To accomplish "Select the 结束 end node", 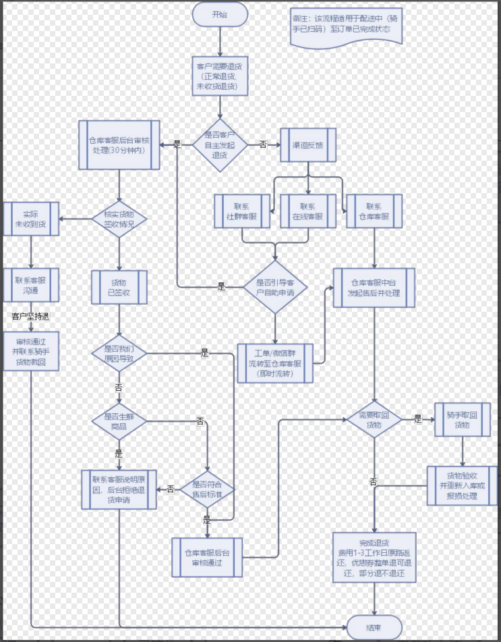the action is (374, 627).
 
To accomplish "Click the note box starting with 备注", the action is (347, 27).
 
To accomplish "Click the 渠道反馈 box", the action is (307, 144).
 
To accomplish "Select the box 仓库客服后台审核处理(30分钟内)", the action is (119, 144).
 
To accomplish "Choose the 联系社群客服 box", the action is (242, 211).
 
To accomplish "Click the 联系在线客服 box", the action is (307, 211).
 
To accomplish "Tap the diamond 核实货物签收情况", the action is (119, 219).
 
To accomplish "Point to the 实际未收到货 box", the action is (31, 219).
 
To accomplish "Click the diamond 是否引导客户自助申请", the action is (274, 287).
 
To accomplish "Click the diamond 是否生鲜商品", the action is (119, 422).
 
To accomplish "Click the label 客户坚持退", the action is (31, 316).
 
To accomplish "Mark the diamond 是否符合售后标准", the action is (207, 489).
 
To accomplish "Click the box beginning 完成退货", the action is (374, 558).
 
